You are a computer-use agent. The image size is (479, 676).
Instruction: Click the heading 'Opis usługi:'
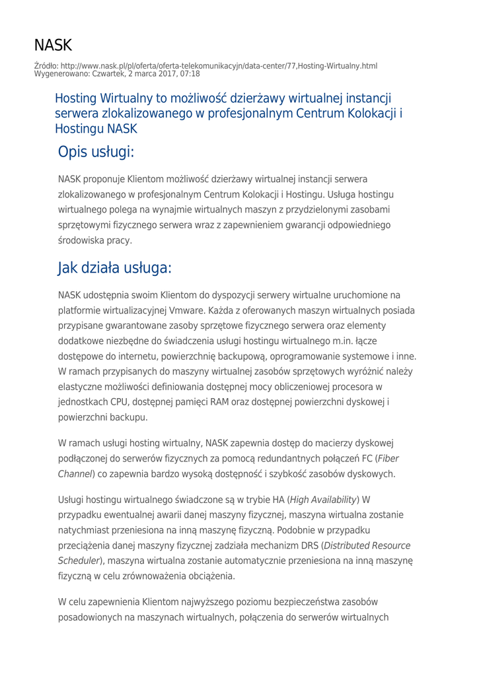[96, 152]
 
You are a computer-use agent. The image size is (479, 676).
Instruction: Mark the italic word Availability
[332, 498]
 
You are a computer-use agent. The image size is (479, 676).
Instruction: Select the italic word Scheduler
[79, 561]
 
